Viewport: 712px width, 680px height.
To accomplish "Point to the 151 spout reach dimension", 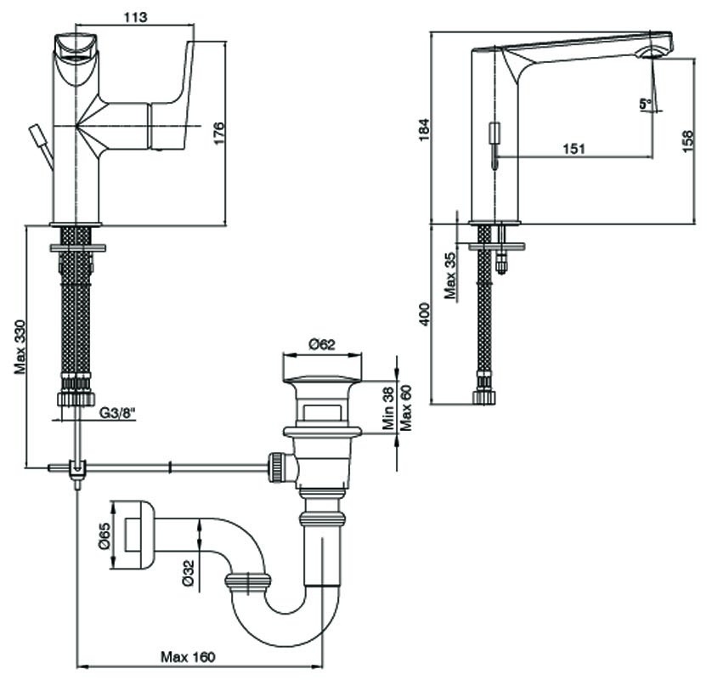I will tap(574, 148).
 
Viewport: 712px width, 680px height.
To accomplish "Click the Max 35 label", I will tap(452, 274).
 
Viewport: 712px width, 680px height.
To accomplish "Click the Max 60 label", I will tap(405, 408).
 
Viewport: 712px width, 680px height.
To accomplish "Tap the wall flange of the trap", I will tap(135, 532).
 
